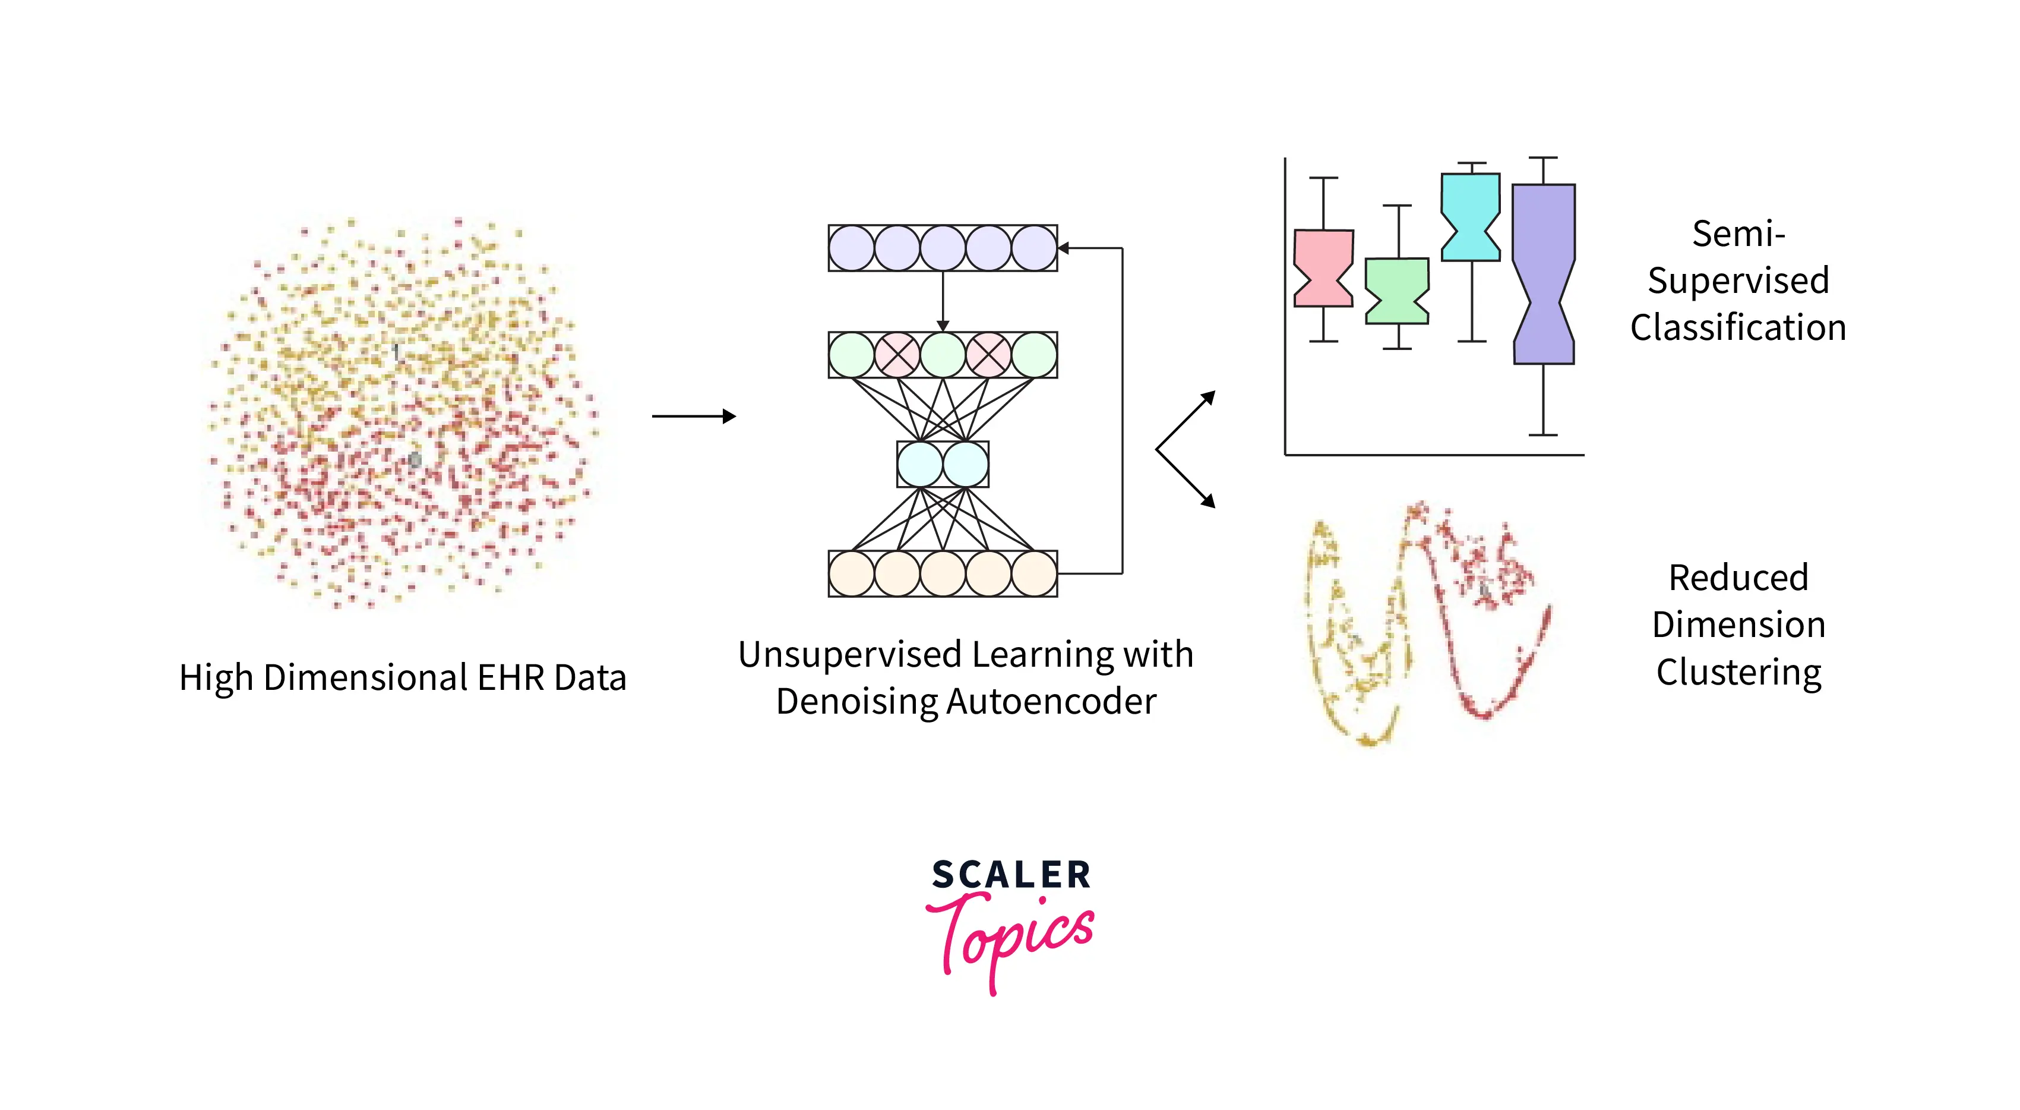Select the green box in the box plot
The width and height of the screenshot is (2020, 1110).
click(1396, 290)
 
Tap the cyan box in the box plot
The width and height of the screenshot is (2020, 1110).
click(1470, 216)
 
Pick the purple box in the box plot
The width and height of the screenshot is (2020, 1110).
click(1543, 274)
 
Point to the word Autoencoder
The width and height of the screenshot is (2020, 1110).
click(1051, 701)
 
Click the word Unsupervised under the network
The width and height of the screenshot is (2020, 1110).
click(849, 654)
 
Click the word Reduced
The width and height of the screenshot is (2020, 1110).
click(1738, 578)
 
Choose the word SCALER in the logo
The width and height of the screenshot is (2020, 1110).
click(1011, 875)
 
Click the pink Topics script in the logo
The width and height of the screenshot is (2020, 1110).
click(1011, 938)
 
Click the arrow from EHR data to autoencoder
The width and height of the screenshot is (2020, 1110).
click(693, 416)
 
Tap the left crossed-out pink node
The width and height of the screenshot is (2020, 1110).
click(897, 355)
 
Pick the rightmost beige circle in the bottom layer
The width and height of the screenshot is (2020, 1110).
click(1033, 573)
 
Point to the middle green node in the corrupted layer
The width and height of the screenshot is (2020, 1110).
click(943, 355)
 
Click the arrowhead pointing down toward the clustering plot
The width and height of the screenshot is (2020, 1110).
click(1209, 500)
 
